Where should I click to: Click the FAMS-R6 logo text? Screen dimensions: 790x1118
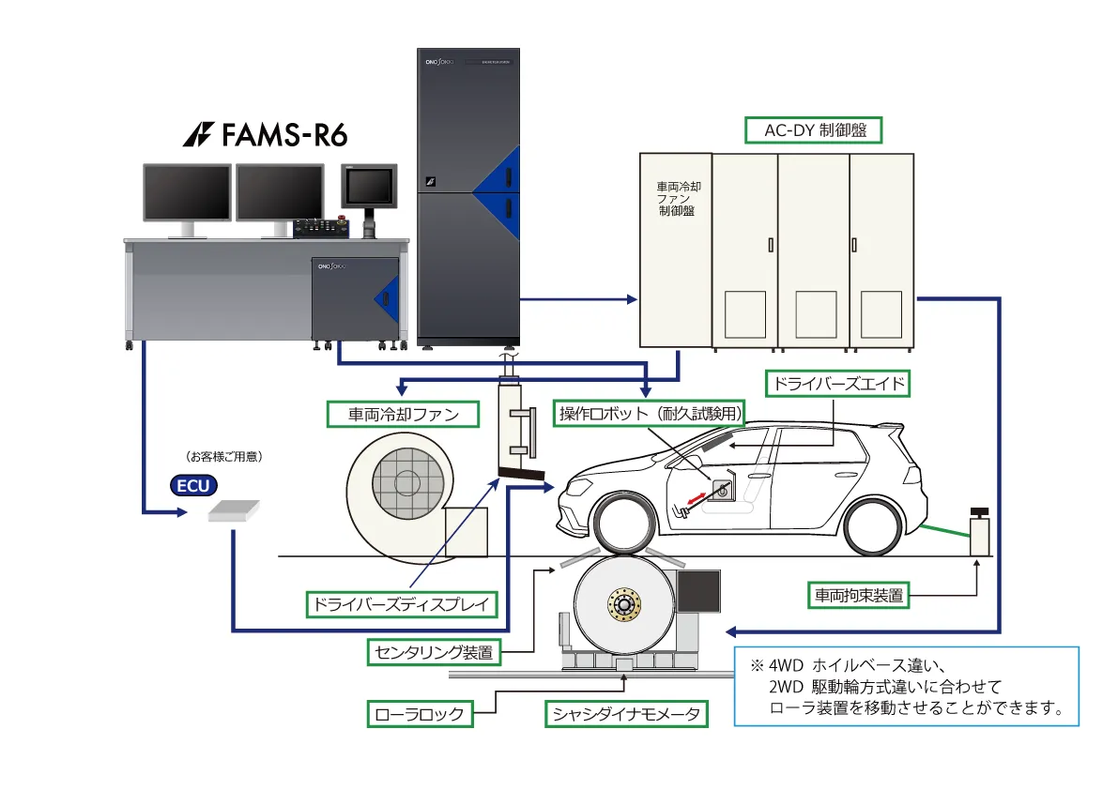tap(266, 135)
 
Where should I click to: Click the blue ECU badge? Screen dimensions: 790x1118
tap(193, 485)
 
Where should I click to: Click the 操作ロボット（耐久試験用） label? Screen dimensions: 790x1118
tap(651, 414)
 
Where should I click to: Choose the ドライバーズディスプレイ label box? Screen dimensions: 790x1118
tap(403, 603)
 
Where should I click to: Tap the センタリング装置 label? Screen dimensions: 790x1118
tap(433, 651)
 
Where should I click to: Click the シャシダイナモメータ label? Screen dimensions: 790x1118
tap(626, 714)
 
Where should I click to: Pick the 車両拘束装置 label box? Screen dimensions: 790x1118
tap(858, 594)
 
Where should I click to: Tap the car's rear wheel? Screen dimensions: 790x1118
tap(880, 527)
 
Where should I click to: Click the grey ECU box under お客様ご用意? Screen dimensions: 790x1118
tap(232, 510)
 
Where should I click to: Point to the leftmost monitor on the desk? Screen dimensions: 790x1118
tap(187, 194)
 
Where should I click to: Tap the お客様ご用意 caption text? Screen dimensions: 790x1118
tap(224, 458)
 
